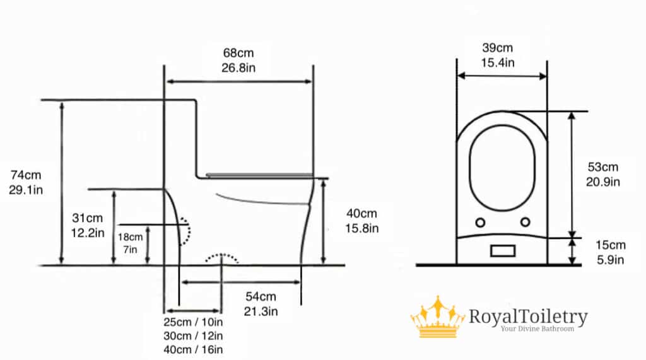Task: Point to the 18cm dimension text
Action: tap(131, 237)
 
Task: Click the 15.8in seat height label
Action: tap(361, 228)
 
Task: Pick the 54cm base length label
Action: tap(261, 297)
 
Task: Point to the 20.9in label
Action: tap(604, 182)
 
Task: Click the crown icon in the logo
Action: tap(437, 316)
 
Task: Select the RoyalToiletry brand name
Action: tap(527, 316)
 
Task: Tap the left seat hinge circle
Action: tap(479, 222)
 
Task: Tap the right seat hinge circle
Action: tap(526, 222)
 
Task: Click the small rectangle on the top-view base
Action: tap(503, 250)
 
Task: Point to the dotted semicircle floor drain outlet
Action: tap(221, 258)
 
